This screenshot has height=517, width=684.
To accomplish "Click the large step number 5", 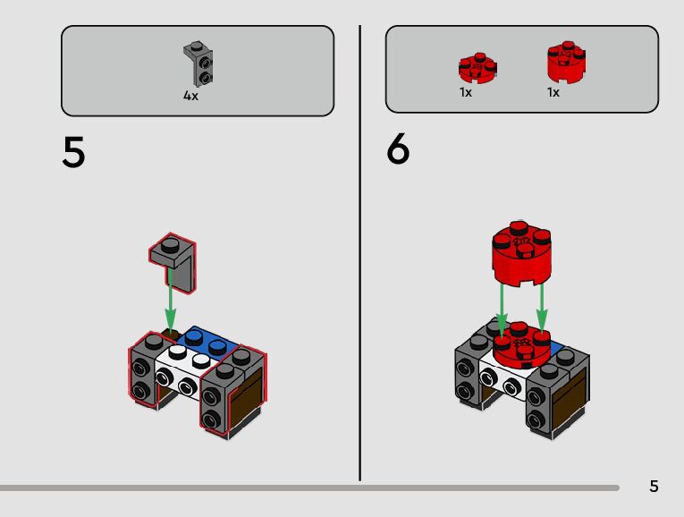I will [73, 153].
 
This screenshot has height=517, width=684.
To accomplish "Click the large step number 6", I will [398, 149].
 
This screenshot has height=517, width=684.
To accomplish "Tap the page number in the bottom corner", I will [654, 487].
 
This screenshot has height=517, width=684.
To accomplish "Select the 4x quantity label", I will [190, 96].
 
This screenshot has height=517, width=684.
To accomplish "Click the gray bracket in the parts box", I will [198, 64].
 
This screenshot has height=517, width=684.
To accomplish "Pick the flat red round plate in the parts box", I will [477, 67].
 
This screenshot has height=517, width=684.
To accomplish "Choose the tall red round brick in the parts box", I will [566, 60].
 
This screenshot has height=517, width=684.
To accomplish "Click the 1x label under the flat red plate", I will [466, 92].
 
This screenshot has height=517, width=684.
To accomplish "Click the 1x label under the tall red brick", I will [553, 92].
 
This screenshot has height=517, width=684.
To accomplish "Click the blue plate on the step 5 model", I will [211, 343].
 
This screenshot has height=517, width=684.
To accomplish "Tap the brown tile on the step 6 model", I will [570, 400].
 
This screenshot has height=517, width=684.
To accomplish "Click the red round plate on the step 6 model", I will [521, 346].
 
